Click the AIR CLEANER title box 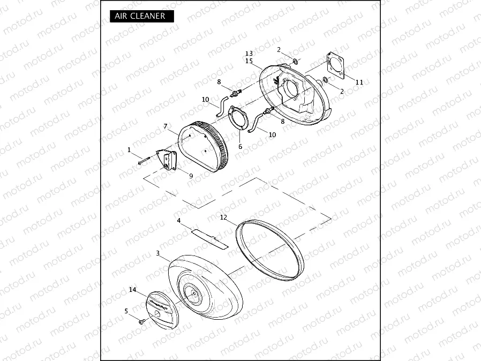tap(141, 16)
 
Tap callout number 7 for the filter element tap(166, 126)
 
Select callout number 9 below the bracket tap(191, 176)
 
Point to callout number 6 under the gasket tap(240, 146)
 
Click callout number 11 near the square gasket tap(359, 82)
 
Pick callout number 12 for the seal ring tap(224, 217)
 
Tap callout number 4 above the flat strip tap(179, 220)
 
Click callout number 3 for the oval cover tap(157, 253)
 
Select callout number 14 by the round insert tap(133, 290)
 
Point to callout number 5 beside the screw tap(126, 311)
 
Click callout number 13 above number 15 tap(249, 54)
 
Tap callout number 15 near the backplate tap(249, 61)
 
